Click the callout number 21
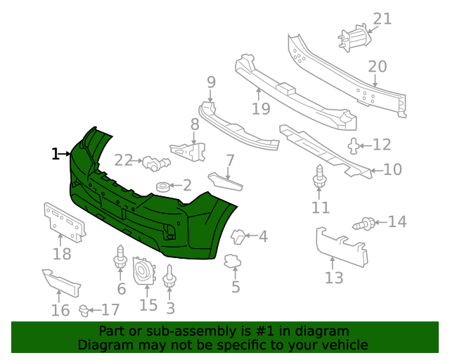[382, 18]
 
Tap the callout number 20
[377, 67]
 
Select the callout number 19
[261, 108]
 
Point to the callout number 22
[124, 160]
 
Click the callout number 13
[334, 278]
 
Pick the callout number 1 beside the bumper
[56, 153]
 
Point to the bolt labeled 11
[320, 179]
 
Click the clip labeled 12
[353, 146]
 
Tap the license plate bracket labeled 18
[63, 221]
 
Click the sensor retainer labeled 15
[145, 270]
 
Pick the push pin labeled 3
[169, 278]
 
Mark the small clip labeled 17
[85, 309]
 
